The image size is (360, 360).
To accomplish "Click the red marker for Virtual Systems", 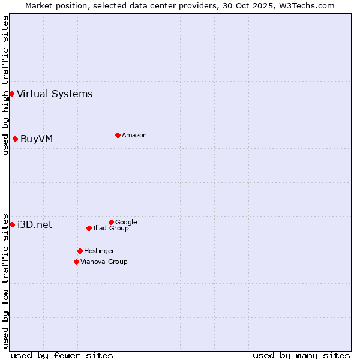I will tap(11, 94).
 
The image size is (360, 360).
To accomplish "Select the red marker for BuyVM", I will tap(15, 139).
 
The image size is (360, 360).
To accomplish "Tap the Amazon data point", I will tap(118, 135).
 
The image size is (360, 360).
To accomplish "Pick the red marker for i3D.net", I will tap(12, 224).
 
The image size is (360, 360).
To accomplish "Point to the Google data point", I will tap(111, 222).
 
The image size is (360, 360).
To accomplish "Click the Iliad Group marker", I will tap(89, 228).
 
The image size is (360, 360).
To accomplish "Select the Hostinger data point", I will tap(80, 251).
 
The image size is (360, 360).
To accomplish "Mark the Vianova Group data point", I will tap(76, 262).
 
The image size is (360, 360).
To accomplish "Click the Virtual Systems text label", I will tap(55, 94).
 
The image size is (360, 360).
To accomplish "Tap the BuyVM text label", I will tap(37, 139).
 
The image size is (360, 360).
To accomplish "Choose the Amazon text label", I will tap(134, 135).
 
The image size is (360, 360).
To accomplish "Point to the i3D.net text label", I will tap(35, 224).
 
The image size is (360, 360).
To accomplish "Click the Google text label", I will tap(126, 222).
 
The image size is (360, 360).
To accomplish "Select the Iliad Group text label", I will tap(111, 228).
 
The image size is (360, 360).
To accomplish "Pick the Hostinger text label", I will tap(99, 251).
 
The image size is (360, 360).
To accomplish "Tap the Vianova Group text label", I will tap(104, 262).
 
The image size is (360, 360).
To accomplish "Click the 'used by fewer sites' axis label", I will tap(62, 355).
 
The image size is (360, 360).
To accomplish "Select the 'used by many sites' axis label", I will tap(301, 355).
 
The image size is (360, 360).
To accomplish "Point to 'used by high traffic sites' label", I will tap(5, 85).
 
